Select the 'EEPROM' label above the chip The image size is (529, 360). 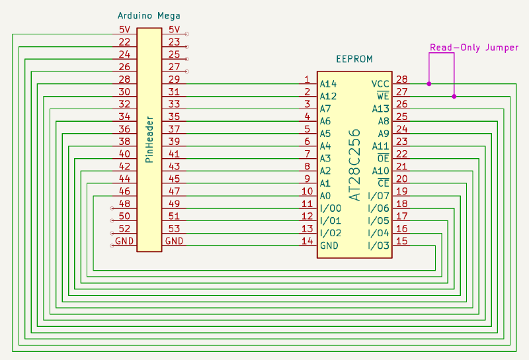click(x=354, y=59)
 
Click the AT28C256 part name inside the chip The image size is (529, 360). click(x=354, y=165)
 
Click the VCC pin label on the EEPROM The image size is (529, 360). click(x=380, y=84)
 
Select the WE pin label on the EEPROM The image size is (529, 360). click(x=383, y=97)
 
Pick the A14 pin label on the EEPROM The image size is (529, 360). click(x=328, y=84)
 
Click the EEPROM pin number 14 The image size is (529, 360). click(x=307, y=241)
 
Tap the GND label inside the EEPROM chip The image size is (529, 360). click(x=329, y=246)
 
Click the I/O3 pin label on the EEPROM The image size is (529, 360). click(x=378, y=246)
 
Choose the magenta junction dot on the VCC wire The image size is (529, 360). click(x=429, y=84)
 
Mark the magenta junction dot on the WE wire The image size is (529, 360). click(x=454, y=97)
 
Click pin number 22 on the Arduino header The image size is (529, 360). click(x=124, y=42)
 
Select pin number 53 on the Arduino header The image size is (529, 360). click(x=174, y=228)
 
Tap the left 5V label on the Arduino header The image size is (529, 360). click(x=124, y=30)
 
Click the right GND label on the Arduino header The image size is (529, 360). click(x=175, y=241)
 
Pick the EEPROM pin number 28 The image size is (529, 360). click(x=401, y=79)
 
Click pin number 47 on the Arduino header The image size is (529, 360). click(x=174, y=191)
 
